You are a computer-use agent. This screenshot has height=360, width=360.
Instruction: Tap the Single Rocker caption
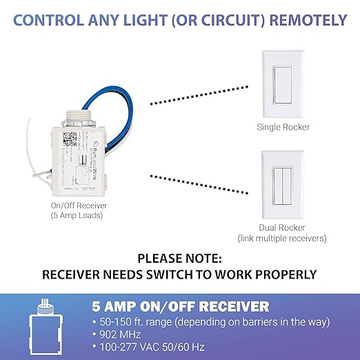[x=283, y=127]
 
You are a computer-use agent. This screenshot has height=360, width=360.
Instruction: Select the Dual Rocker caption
[x=283, y=228]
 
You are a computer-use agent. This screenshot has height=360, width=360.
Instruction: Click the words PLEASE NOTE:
[x=179, y=259]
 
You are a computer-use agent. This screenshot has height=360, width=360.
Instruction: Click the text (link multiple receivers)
[x=283, y=239]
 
